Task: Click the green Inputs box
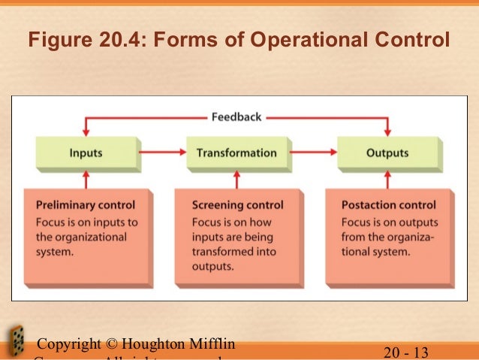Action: point(86,153)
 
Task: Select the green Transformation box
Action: point(236,153)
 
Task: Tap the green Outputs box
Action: point(387,153)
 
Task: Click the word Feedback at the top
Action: point(236,117)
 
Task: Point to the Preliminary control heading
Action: point(86,204)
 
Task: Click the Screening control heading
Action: point(238,204)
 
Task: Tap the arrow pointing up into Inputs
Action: point(86,179)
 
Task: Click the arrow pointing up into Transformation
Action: point(237,179)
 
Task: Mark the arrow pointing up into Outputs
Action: point(387,179)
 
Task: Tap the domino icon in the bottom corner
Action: point(15,342)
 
